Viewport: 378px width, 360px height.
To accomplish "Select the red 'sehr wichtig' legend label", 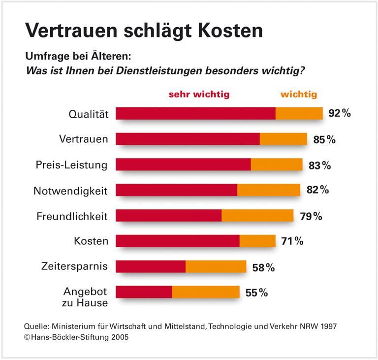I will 199,94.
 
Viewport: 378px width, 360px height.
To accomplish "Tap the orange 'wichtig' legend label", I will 299,94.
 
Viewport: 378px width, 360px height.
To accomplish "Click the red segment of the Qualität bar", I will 195,114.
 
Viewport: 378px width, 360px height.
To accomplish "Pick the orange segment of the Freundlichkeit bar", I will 257,216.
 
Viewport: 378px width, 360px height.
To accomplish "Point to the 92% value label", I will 339,114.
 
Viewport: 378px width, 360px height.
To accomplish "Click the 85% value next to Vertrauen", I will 324,139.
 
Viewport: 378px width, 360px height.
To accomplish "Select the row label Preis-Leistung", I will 72,165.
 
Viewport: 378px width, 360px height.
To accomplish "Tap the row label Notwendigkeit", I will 70,191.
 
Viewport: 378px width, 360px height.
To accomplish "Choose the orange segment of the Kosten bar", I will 257,241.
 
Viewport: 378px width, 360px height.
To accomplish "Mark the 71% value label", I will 292,241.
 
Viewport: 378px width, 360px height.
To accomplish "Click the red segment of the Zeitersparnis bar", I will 151,267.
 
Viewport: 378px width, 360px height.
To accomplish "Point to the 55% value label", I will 256,293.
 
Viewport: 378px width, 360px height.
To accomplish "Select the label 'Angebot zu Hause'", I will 85,297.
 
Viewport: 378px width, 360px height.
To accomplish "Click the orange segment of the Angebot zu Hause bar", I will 206,293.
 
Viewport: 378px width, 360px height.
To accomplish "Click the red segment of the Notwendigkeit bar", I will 176,190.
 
